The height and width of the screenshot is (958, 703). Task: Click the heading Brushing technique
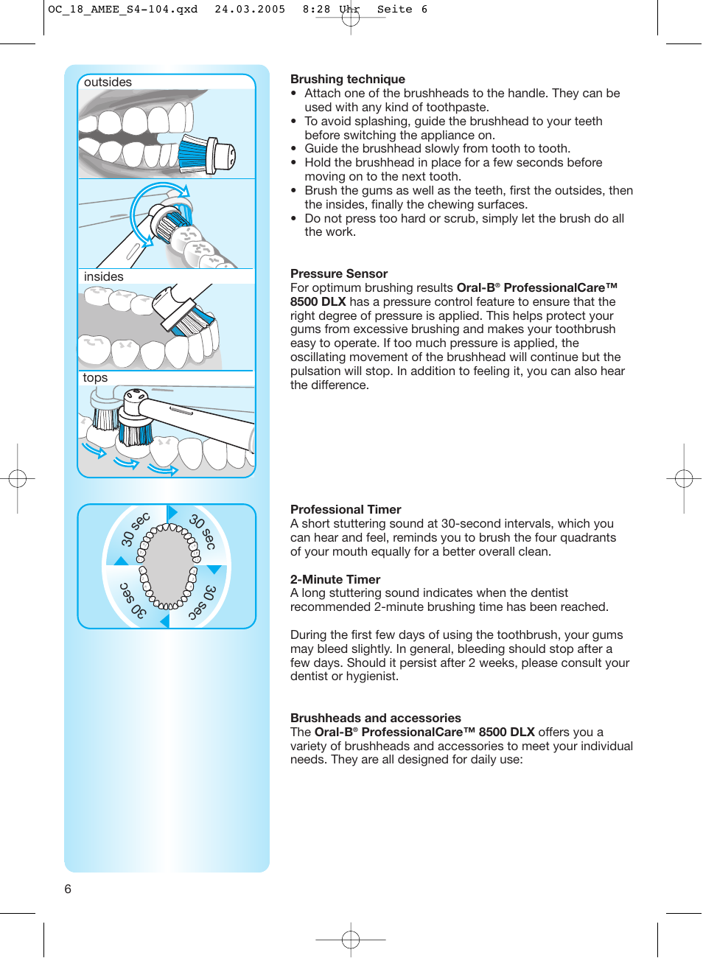347,79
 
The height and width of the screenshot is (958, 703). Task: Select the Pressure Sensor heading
338,273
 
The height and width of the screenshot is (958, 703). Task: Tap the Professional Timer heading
345,509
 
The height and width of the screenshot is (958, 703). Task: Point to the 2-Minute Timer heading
335,579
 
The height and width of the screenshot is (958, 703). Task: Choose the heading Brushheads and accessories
375,718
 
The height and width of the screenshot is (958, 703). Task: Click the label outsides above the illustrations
108,83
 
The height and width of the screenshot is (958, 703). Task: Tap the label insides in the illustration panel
103,277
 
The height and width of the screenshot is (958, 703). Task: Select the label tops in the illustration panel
95,378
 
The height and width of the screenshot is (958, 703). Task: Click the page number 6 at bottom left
68,889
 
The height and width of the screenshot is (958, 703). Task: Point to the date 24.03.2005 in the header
250,10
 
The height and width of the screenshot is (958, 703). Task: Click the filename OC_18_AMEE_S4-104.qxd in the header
122,10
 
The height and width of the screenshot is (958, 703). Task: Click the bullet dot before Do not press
293,219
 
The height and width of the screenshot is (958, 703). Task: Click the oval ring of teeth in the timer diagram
169,566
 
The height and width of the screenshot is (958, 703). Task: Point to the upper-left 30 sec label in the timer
135,529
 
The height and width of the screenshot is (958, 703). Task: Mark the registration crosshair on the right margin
684,479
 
